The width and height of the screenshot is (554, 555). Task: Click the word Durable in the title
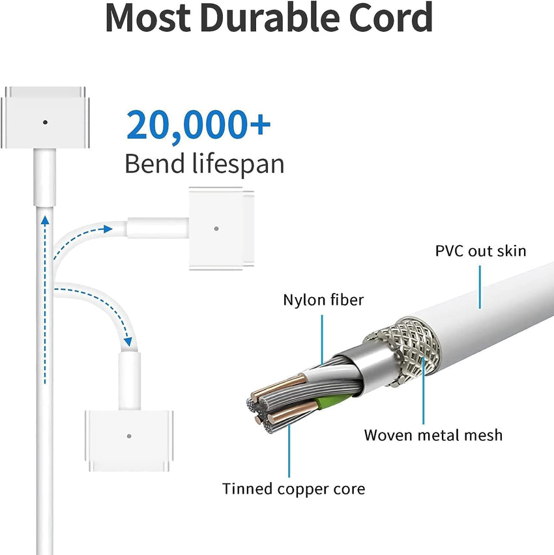pos(271,18)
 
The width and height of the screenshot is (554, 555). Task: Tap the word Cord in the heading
pos(390,18)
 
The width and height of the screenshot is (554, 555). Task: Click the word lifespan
pos(239,164)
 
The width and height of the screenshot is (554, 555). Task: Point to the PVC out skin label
pos(481,251)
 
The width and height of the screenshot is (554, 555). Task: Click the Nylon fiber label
pos(323,300)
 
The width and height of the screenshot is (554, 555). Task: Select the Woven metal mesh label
pos(433,435)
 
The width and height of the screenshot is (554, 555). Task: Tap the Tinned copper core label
pos(294,489)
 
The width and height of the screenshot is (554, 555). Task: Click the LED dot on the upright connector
pos(45,122)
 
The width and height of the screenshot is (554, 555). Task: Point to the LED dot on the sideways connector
pos(216,229)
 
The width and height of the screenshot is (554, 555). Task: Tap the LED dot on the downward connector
pos(129,436)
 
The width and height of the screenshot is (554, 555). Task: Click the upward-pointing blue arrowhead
pos(45,221)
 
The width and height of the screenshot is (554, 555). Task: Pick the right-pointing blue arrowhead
pos(108,229)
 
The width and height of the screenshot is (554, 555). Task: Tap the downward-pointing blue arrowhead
pos(128,342)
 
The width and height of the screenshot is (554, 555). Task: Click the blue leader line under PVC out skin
pos(480,287)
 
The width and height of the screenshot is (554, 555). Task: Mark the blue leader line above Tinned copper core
pos(289,451)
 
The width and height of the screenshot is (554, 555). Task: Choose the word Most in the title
pos(149,18)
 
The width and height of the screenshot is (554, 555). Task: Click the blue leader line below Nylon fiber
pos(322,340)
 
